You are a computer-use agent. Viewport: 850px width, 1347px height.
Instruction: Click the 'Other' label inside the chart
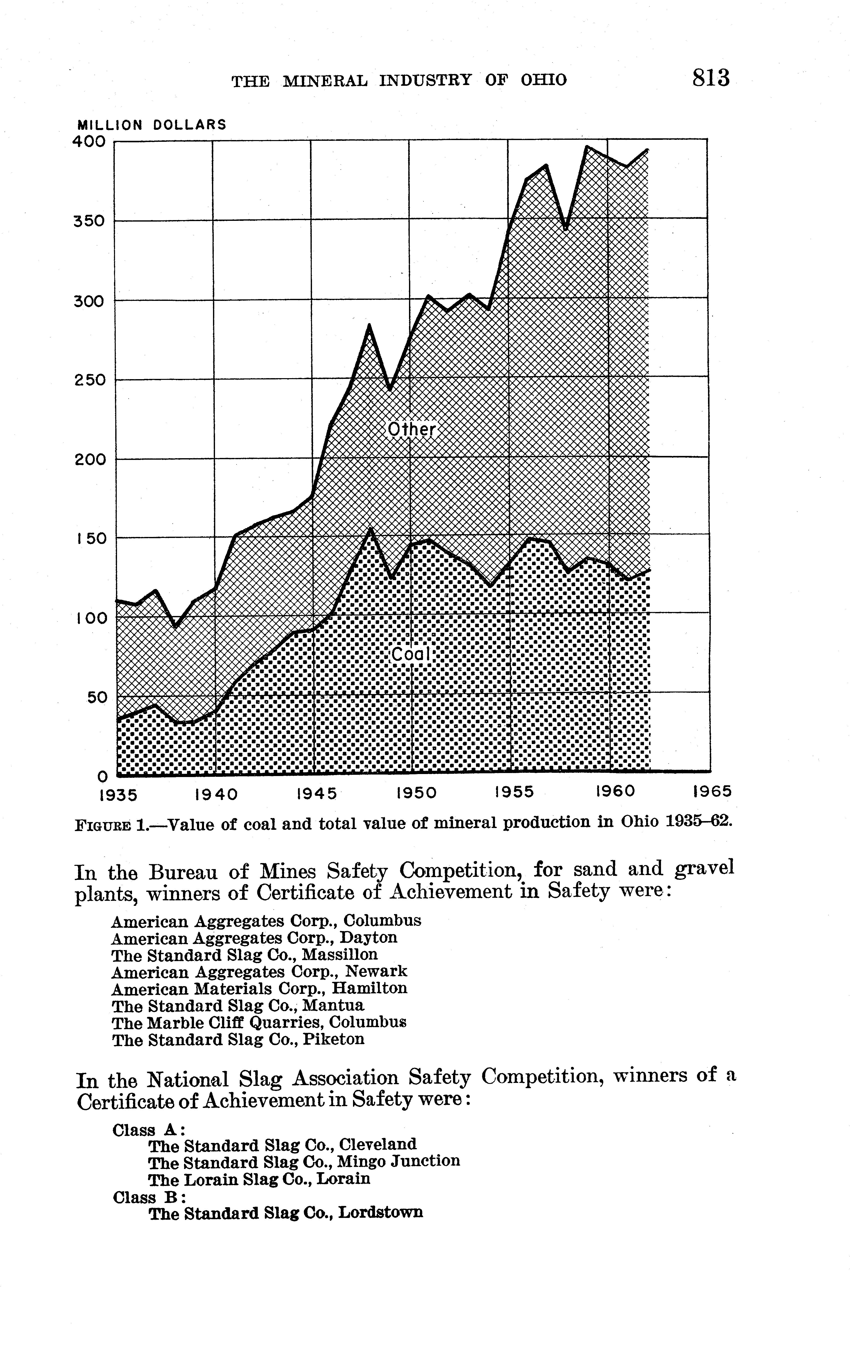point(411,430)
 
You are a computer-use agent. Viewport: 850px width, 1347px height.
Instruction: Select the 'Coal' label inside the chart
point(410,654)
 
